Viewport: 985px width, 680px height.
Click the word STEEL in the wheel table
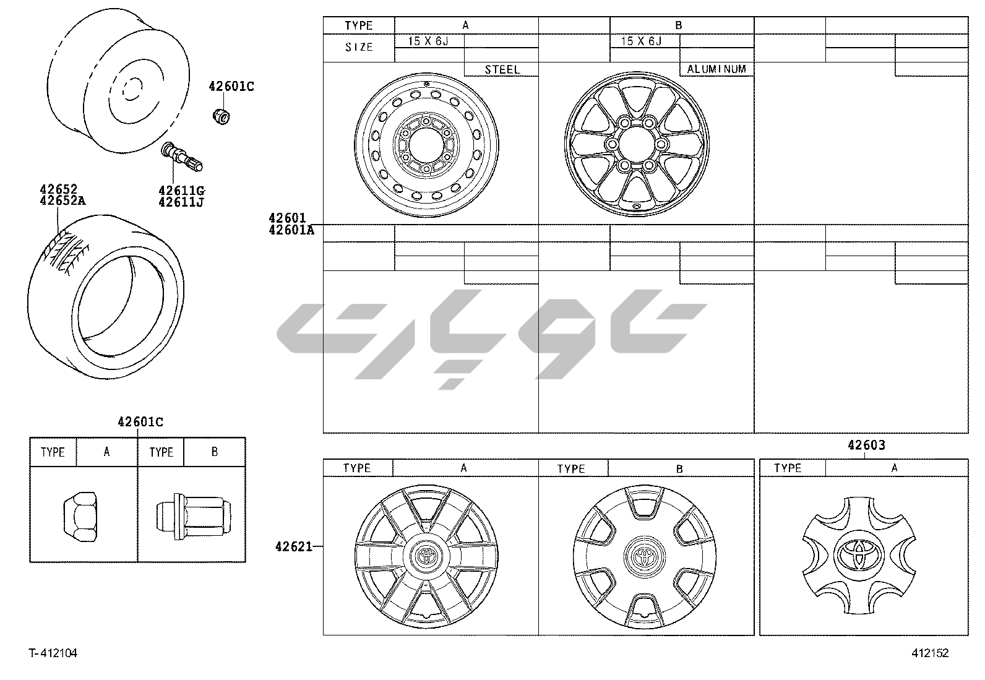[x=502, y=69]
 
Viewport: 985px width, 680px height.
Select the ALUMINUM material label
[x=716, y=69]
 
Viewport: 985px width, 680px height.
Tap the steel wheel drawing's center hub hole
[x=426, y=145]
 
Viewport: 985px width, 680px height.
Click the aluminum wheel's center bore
[x=636, y=144]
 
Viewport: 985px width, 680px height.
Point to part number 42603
[x=866, y=445]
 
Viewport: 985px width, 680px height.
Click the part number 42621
[x=293, y=547]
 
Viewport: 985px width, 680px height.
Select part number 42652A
[x=62, y=201]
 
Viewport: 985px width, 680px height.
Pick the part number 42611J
[x=181, y=202]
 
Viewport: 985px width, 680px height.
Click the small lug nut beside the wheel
[x=221, y=116]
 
